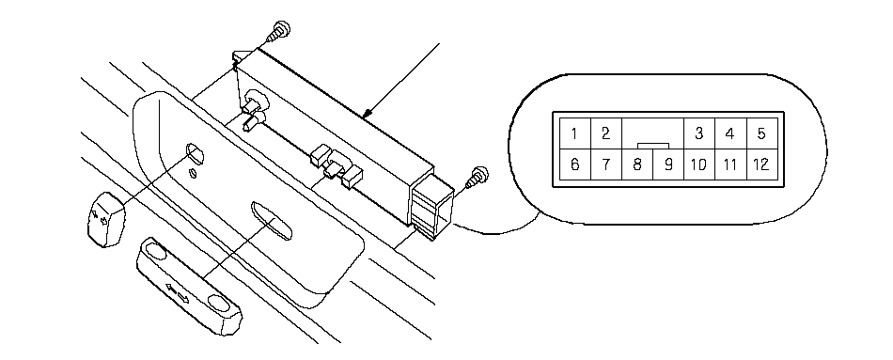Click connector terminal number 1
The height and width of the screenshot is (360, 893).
click(574, 133)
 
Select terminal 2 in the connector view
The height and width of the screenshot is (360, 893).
click(606, 133)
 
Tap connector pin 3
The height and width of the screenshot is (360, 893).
click(698, 133)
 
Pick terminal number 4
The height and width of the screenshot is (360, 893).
click(730, 133)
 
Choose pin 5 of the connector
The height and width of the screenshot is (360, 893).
click(761, 133)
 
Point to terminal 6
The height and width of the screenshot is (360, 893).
click(574, 164)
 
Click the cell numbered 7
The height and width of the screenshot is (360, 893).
click(606, 164)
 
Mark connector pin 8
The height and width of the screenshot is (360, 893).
click(637, 164)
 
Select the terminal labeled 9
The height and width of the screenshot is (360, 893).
click(668, 164)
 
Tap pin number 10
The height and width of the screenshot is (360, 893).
click(698, 164)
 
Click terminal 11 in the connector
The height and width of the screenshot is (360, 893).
click(730, 164)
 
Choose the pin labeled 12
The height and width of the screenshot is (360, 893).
click(761, 164)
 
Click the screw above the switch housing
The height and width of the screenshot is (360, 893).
click(279, 31)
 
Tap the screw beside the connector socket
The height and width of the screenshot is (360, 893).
click(478, 177)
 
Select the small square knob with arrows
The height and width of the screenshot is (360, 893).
click(106, 219)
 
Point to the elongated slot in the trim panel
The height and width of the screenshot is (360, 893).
click(271, 221)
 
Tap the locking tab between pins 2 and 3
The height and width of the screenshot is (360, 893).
click(652, 146)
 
